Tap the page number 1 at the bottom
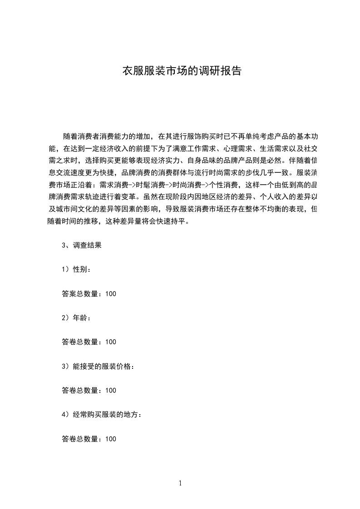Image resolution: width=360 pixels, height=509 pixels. (180, 483)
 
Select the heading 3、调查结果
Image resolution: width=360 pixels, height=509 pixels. (81, 245)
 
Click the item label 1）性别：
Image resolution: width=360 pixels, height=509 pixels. (76, 269)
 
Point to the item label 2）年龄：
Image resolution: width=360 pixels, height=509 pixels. (76, 318)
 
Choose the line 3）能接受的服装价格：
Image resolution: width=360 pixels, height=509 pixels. (98, 366)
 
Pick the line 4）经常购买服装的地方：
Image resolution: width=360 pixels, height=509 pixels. (101, 415)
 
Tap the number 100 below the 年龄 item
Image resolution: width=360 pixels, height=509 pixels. (110, 342)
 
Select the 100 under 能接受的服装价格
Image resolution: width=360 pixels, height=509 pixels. (110, 391)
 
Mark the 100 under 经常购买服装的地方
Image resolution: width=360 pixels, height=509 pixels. (110, 439)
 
